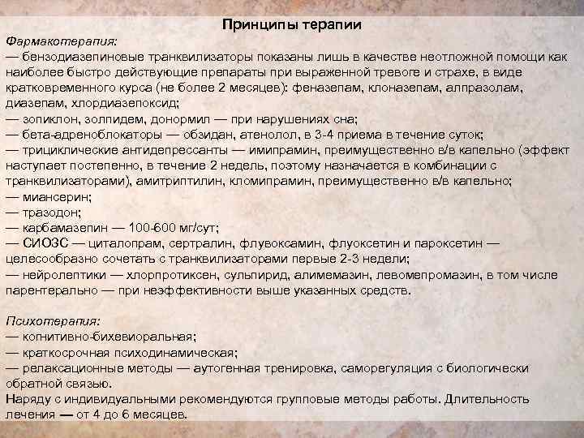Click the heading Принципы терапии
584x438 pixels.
291,25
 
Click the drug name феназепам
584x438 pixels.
329,87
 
